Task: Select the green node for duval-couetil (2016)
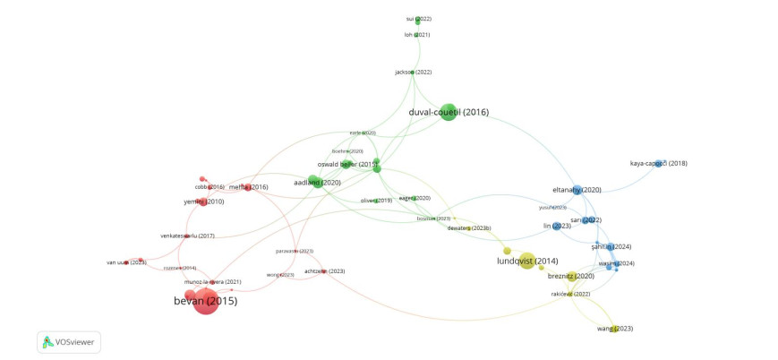[448, 112]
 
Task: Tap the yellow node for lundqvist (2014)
[526, 261]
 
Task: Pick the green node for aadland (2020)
[314, 183]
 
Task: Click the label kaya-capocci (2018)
[658, 164]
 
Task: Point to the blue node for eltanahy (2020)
[577, 190]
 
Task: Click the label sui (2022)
[418, 18]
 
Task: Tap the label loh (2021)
[417, 35]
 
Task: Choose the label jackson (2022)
[414, 72]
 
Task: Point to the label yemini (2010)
[203, 202]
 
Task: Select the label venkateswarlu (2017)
[187, 236]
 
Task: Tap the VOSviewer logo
[69, 341]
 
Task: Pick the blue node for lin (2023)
[556, 227]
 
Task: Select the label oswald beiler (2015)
[347, 164]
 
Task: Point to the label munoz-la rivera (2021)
[213, 282]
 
